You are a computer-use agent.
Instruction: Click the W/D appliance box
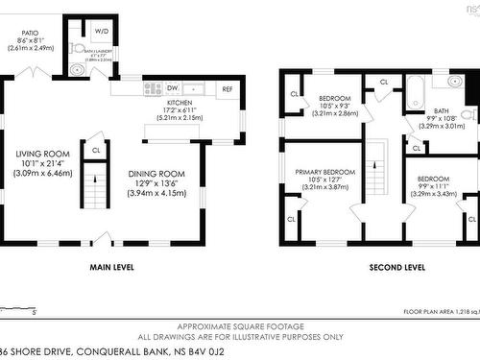(x=101, y=31)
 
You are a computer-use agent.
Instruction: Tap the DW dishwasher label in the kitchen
(x=174, y=87)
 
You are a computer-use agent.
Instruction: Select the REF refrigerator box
(x=228, y=88)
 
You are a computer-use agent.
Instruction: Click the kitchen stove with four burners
(x=153, y=88)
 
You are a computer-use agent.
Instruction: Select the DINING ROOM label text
(x=156, y=174)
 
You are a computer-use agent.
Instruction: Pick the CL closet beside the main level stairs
(x=96, y=149)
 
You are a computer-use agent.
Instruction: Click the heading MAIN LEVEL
(x=111, y=267)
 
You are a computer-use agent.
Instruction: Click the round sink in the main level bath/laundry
(x=77, y=69)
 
